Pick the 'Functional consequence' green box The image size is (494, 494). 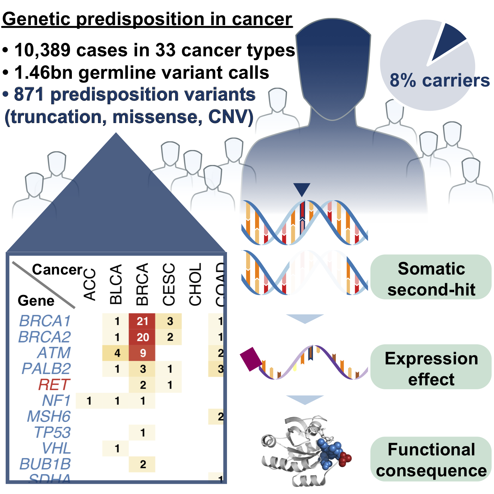click(431, 460)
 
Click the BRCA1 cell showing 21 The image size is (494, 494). click(142, 321)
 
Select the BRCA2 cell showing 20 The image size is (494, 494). click(142, 337)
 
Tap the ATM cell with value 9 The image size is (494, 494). click(142, 353)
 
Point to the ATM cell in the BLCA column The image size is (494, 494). click(116, 353)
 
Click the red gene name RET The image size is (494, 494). click(54, 385)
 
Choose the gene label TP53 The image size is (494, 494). click(52, 432)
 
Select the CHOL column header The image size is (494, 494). click(195, 284)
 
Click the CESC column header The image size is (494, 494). click(169, 284)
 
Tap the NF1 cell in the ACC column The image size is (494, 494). click(89, 401)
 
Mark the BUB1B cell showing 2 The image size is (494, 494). click(142, 464)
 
